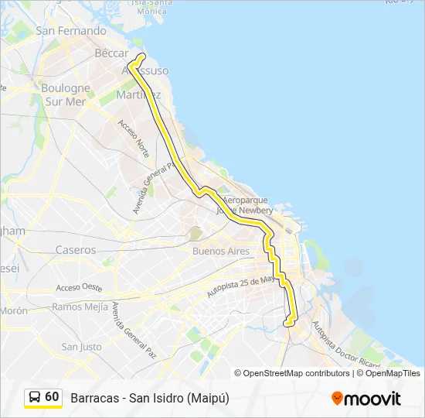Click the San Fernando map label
coord(71,31)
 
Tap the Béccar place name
coord(111,53)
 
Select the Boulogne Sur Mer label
coord(66,94)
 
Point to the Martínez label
coord(138,94)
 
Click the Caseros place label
coord(76,250)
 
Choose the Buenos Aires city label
coord(221,252)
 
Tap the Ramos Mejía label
coord(80,307)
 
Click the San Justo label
coord(81,347)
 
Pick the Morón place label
coord(14,310)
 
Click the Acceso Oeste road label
coord(79,287)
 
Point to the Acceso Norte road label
coord(133,138)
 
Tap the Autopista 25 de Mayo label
coord(240,286)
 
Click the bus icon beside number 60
coord(35,397)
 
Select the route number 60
coord(52,397)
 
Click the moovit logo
coord(366,399)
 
